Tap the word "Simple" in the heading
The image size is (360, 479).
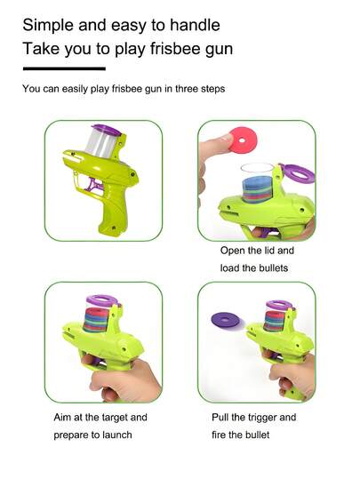tap(48, 25)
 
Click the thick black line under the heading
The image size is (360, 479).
tap(64, 68)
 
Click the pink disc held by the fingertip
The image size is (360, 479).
tap(242, 140)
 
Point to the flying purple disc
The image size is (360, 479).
tap(226, 320)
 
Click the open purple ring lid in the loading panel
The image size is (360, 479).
tap(298, 173)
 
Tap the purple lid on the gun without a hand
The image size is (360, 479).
tap(107, 130)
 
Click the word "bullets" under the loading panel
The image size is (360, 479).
tap(274, 267)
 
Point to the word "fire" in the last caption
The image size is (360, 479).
tap(218, 435)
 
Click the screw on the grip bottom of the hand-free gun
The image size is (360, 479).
tap(114, 228)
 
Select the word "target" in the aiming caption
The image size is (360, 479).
tap(112, 418)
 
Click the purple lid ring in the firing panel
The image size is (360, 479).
tap(279, 304)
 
